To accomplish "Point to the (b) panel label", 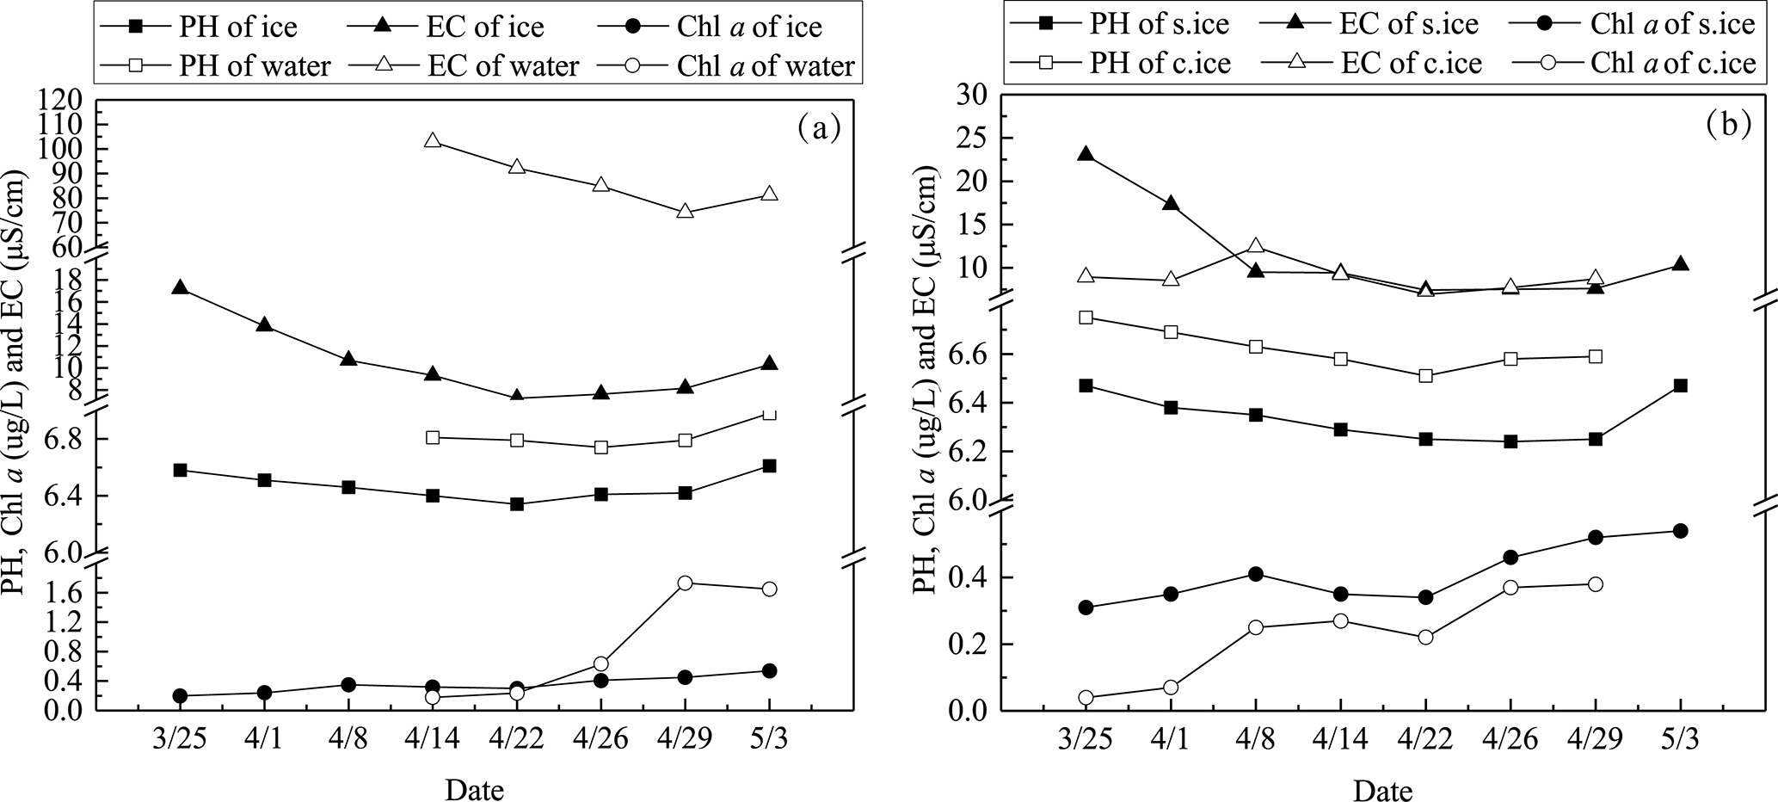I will (1726, 125).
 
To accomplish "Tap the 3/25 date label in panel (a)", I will (180, 740).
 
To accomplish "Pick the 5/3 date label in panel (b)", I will (1680, 740).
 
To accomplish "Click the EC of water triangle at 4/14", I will (433, 141).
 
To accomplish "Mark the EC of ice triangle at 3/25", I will (180, 287).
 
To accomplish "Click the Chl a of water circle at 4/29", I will (685, 583).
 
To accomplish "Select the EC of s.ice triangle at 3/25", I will (1086, 155).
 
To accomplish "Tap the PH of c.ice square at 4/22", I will (1425, 376).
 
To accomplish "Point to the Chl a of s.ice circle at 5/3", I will (1680, 531).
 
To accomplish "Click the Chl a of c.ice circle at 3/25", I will (1086, 698).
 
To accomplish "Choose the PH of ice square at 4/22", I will (517, 504).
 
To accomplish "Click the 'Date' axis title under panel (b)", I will (1383, 788).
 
